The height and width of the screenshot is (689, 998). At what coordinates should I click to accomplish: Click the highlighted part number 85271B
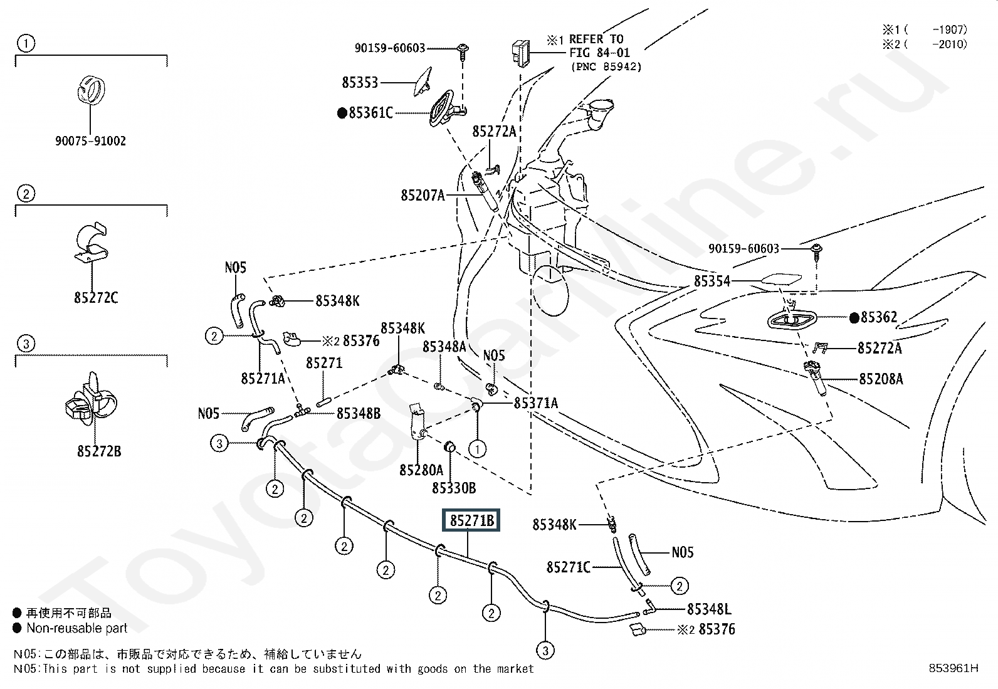[471, 520]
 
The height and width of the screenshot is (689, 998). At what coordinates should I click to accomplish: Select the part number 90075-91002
[90, 141]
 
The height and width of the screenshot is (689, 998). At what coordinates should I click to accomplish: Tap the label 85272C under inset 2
[96, 298]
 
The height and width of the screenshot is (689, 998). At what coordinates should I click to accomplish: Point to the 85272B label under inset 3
[99, 451]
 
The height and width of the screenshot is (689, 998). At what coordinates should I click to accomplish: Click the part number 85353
[360, 82]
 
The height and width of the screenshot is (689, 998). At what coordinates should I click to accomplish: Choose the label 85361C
[370, 113]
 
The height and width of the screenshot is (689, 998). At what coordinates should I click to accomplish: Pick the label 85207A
[423, 196]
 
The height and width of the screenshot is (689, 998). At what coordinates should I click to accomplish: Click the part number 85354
[712, 281]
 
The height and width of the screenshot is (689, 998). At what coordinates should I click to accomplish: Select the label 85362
[879, 317]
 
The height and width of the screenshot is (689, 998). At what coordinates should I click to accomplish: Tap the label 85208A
[880, 379]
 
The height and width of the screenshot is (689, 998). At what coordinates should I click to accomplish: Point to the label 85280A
[421, 469]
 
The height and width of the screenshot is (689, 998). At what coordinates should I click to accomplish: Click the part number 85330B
[454, 487]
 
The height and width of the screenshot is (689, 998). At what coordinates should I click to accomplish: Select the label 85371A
[535, 403]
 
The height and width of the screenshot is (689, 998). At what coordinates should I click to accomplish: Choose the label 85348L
[709, 609]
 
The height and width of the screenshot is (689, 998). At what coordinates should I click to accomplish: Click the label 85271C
[569, 567]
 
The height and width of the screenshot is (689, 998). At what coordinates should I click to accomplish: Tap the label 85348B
[359, 413]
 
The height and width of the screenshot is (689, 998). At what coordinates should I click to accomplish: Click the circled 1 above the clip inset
[26, 43]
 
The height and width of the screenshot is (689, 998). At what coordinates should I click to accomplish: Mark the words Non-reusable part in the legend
[76, 628]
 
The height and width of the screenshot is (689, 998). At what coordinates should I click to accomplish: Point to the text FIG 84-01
[599, 53]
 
